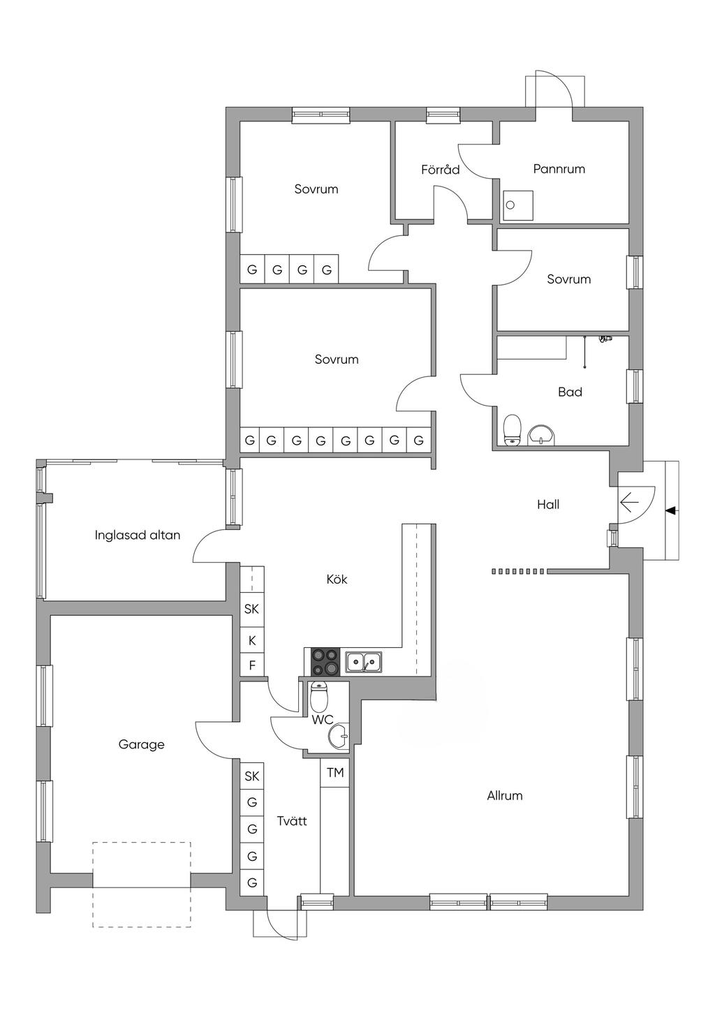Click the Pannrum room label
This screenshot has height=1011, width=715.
tap(559, 169)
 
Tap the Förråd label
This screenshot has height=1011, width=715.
tap(441, 170)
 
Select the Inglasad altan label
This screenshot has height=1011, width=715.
tap(138, 536)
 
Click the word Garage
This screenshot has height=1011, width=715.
tap(141, 745)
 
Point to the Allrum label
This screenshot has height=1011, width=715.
tap(504, 796)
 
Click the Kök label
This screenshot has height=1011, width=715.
tap(337, 580)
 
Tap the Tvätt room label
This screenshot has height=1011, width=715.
tap(292, 821)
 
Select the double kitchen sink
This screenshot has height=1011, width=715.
tap(364, 661)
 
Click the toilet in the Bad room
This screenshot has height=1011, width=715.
tap(513, 429)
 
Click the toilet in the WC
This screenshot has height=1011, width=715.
tap(318, 695)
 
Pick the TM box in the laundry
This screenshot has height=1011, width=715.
tap(335, 773)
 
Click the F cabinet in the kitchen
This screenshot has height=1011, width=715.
tap(252, 665)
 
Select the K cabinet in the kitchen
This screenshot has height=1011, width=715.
tap(252, 640)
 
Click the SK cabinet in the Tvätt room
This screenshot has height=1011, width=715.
tap(252, 776)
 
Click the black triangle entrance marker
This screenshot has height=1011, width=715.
tap(671, 511)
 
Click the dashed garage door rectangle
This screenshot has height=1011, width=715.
tap(142, 885)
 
